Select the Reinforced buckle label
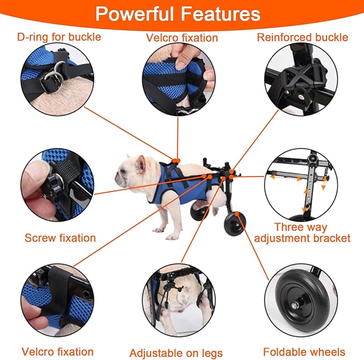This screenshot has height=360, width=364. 302,37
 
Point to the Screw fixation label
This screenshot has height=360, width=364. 60,238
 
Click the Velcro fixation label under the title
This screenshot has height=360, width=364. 182,38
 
